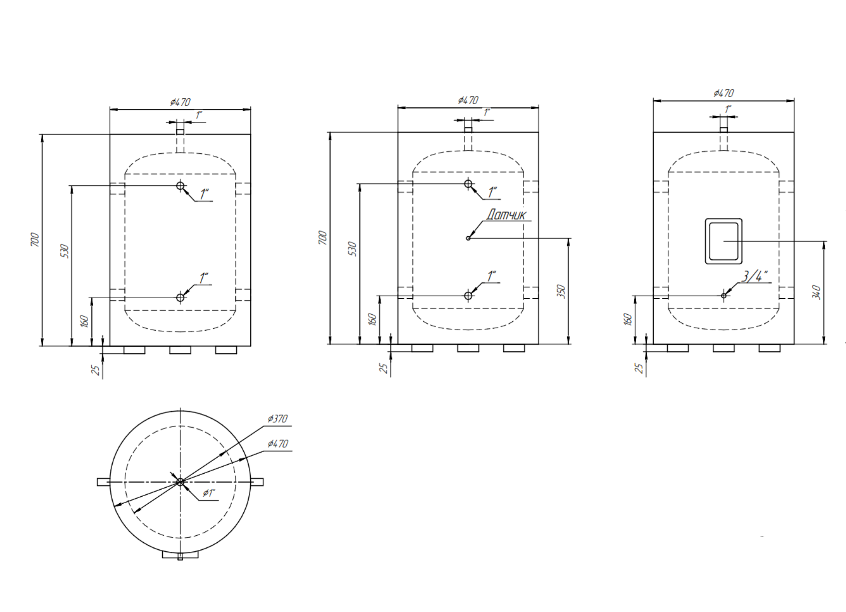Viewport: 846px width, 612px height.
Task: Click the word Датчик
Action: (x=506, y=215)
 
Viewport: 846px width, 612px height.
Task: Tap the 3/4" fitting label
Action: (x=754, y=276)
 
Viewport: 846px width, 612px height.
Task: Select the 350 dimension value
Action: (x=562, y=291)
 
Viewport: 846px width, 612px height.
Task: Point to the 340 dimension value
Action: (x=816, y=292)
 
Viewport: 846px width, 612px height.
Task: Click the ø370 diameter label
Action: (x=278, y=419)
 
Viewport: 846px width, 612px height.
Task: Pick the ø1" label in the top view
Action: (x=208, y=493)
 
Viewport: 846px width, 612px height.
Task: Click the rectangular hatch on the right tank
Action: (x=723, y=241)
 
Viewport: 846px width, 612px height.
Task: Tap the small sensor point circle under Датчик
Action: (x=469, y=238)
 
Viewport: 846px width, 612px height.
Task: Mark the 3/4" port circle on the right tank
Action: (x=724, y=296)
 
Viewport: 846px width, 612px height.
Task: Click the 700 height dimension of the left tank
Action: (x=35, y=240)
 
